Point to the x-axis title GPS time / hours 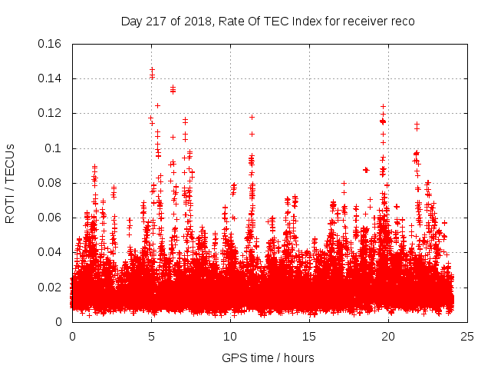pyautogui.click(x=268, y=357)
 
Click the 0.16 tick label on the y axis pyautogui.click(x=51, y=44)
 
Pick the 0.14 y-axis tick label pyautogui.click(x=51, y=78)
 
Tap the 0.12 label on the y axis pyautogui.click(x=51, y=113)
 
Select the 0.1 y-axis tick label pyautogui.click(x=55, y=148)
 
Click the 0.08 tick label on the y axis pyautogui.click(x=51, y=183)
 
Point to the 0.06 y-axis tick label pyautogui.click(x=51, y=218)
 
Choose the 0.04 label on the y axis pyautogui.click(x=51, y=252)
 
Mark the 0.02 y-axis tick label pyautogui.click(x=51, y=288)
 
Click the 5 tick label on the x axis pyautogui.click(x=151, y=336)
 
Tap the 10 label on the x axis pyautogui.click(x=230, y=336)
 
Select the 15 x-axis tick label pyautogui.click(x=309, y=336)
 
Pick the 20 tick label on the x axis pyautogui.click(x=388, y=336)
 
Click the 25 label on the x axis pyautogui.click(x=467, y=336)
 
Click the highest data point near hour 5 pyautogui.click(x=152, y=69)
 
